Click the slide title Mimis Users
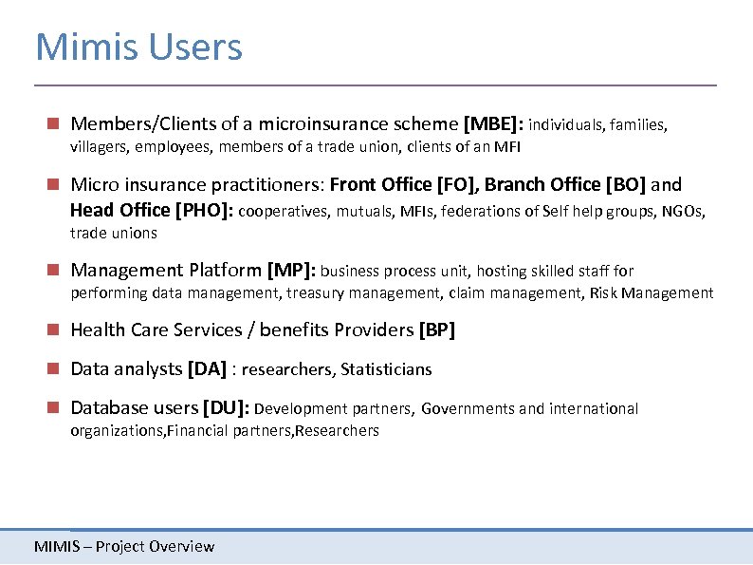[138, 47]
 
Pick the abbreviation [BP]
[436, 330]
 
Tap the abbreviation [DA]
[207, 368]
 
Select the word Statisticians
[386, 369]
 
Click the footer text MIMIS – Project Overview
[124, 546]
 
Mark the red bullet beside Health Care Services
[56, 330]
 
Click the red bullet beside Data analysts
[56, 368]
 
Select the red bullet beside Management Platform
[56, 271]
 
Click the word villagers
[100, 147]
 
